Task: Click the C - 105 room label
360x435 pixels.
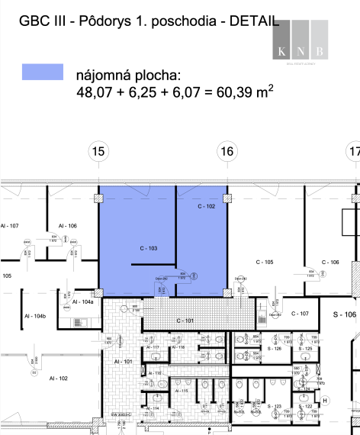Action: tap(264, 262)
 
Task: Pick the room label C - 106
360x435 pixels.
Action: tap(330, 262)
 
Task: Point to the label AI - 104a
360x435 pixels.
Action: tap(83, 302)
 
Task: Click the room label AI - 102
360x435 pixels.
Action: tap(58, 378)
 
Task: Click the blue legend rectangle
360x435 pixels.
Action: tap(43, 72)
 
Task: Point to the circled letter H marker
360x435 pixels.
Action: tap(325, 400)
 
